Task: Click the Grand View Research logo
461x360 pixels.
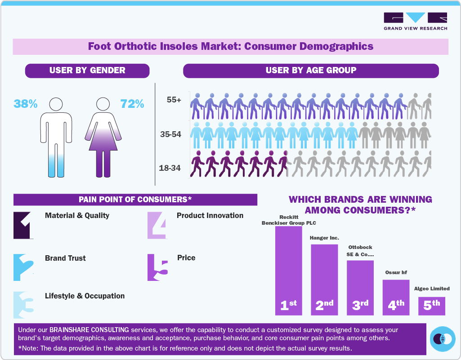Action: coord(415,21)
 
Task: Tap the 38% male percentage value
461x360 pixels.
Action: coord(26,104)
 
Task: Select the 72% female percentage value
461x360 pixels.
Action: coord(132,104)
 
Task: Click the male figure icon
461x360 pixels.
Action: coord(56,137)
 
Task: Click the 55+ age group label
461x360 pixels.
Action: coord(174,100)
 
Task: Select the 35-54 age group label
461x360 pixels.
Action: coord(171,134)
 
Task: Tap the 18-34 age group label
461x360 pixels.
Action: coord(170,168)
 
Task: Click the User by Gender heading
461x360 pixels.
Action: coord(87,71)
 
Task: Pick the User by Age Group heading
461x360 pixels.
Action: coord(311,71)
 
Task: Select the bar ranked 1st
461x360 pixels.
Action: coord(288,270)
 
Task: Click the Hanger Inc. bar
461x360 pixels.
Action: coord(324,279)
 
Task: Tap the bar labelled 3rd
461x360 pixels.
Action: coord(360,287)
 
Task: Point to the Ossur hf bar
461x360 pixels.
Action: coord(396,297)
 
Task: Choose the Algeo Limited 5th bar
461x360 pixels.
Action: coord(432,305)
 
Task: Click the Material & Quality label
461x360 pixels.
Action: coord(77,216)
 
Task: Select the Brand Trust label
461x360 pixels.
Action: coord(65,258)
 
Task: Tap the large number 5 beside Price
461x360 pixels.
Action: coord(158,267)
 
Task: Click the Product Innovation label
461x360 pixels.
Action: coord(210,216)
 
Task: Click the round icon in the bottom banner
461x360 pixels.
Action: coord(443,338)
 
